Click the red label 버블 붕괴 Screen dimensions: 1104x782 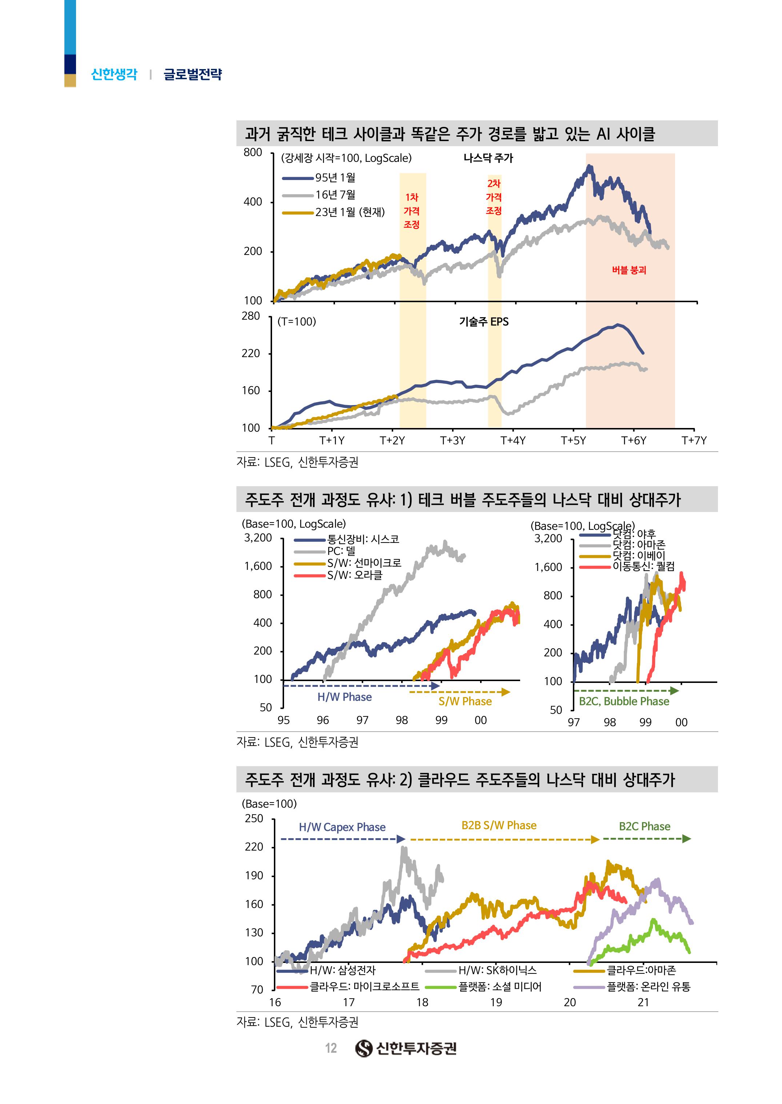(629, 270)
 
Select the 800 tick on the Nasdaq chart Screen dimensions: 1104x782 (253, 153)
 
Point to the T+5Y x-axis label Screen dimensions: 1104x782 (573, 440)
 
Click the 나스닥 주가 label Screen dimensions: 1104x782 (488, 158)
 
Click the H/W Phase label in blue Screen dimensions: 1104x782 (344, 697)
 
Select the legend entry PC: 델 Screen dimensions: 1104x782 (341, 551)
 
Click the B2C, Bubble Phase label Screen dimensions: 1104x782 (623, 701)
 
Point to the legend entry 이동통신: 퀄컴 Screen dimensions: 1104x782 (643, 566)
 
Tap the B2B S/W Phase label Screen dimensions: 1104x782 (499, 825)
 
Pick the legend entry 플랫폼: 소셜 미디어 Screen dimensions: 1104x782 (499, 987)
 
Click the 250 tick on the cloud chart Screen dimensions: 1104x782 (254, 819)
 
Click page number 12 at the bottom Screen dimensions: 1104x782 (331, 1048)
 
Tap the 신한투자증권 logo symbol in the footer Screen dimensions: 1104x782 (364, 1048)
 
